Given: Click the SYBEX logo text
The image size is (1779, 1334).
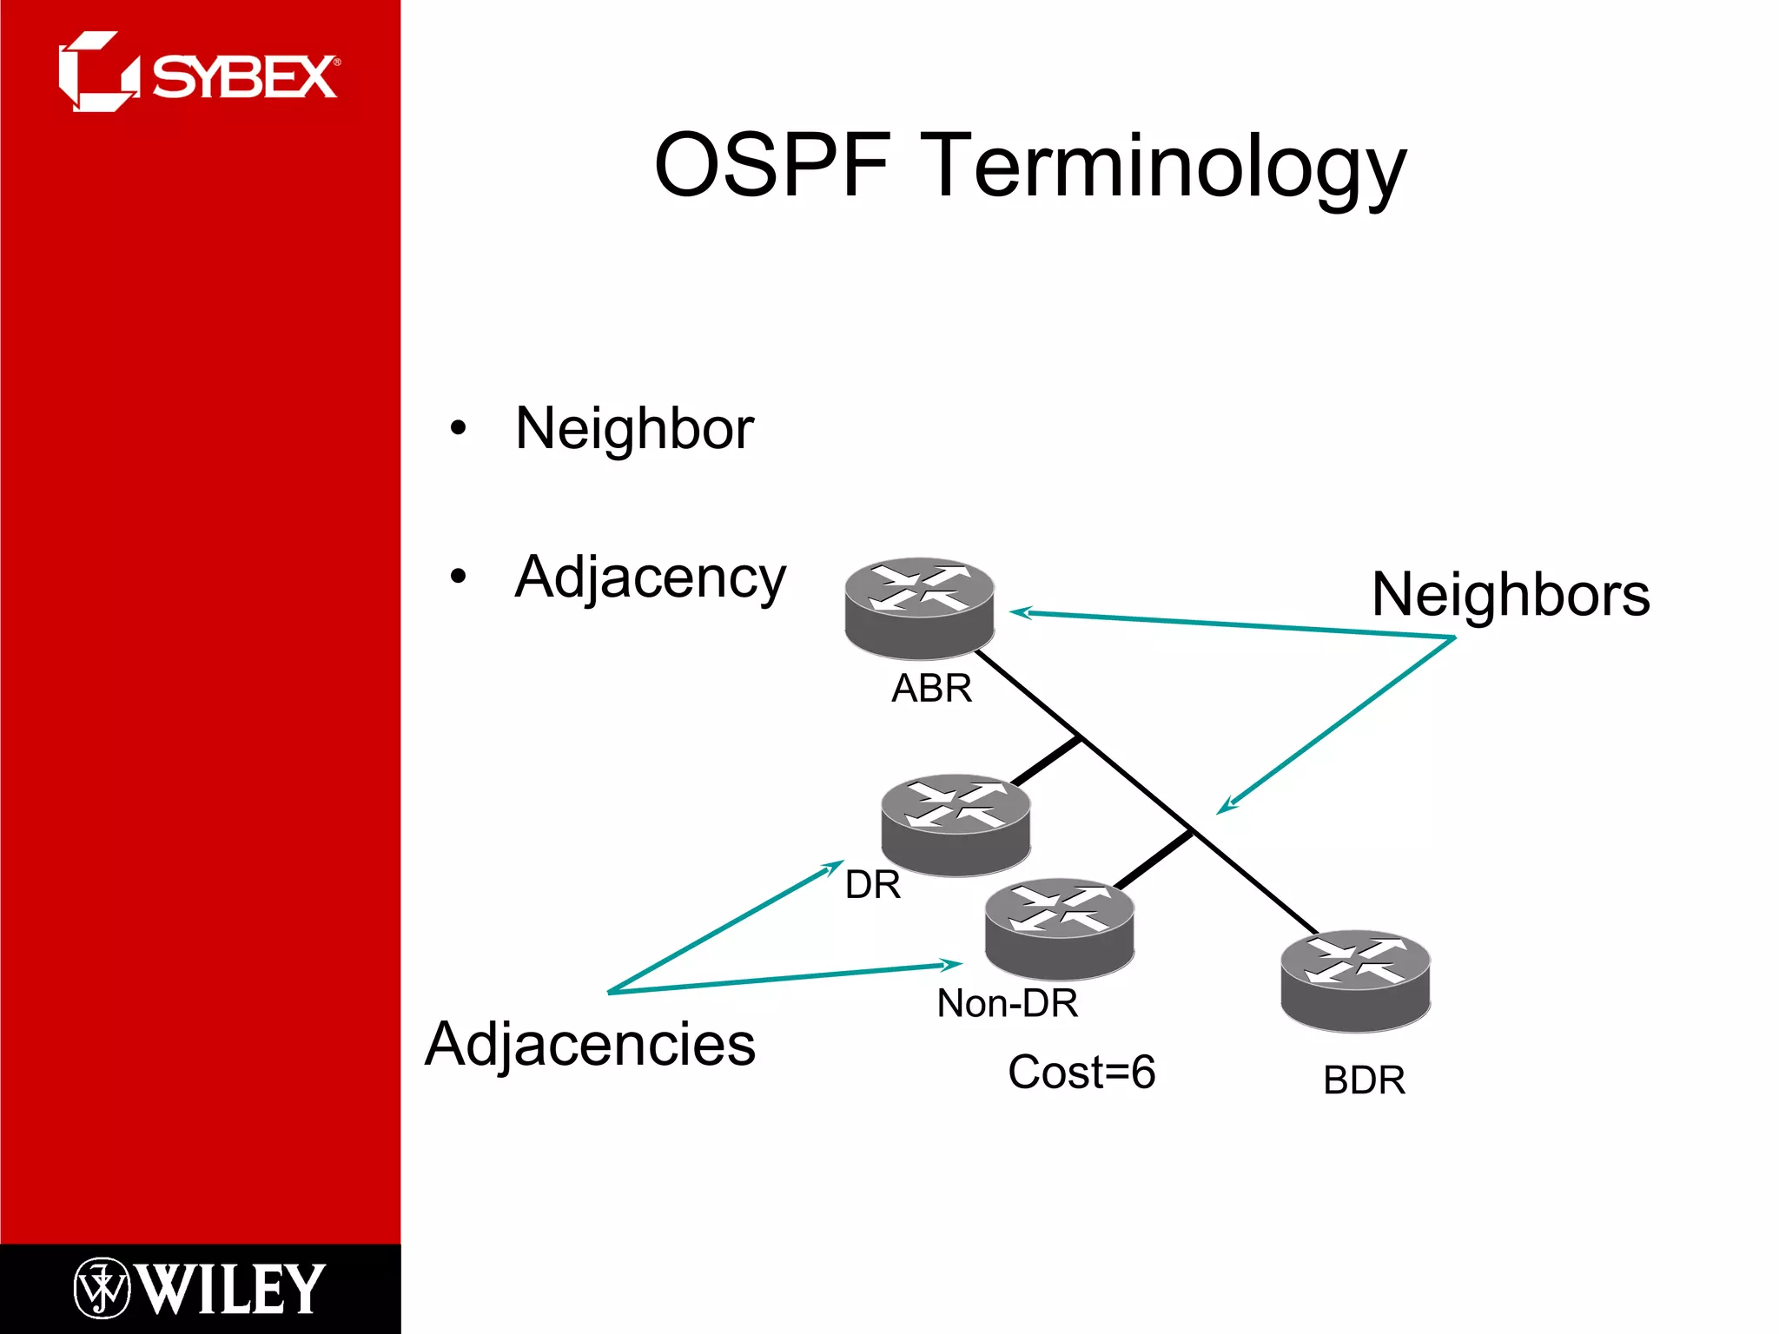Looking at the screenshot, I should tap(245, 77).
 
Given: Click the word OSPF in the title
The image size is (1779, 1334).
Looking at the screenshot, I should tap(772, 165).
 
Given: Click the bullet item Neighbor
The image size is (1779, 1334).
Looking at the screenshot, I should tap(634, 429).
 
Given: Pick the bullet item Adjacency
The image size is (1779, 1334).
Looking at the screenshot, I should tap(650, 578).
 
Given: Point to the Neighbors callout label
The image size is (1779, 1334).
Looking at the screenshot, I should tap(1511, 595).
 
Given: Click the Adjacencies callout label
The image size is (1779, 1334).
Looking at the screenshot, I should tap(591, 1044).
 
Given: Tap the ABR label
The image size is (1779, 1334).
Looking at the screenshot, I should tap(931, 689).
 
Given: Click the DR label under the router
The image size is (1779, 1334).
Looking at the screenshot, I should tap(872, 885).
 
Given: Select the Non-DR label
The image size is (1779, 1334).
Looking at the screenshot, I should tap(1008, 1003).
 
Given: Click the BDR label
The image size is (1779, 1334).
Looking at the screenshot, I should tap(1364, 1081).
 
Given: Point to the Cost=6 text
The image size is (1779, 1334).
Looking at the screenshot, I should tap(1081, 1072).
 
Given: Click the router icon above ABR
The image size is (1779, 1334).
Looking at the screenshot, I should tap(919, 608).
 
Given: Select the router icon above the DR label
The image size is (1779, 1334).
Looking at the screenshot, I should tap(956, 824).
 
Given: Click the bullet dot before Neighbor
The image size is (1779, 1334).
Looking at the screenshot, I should tap(459, 428).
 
